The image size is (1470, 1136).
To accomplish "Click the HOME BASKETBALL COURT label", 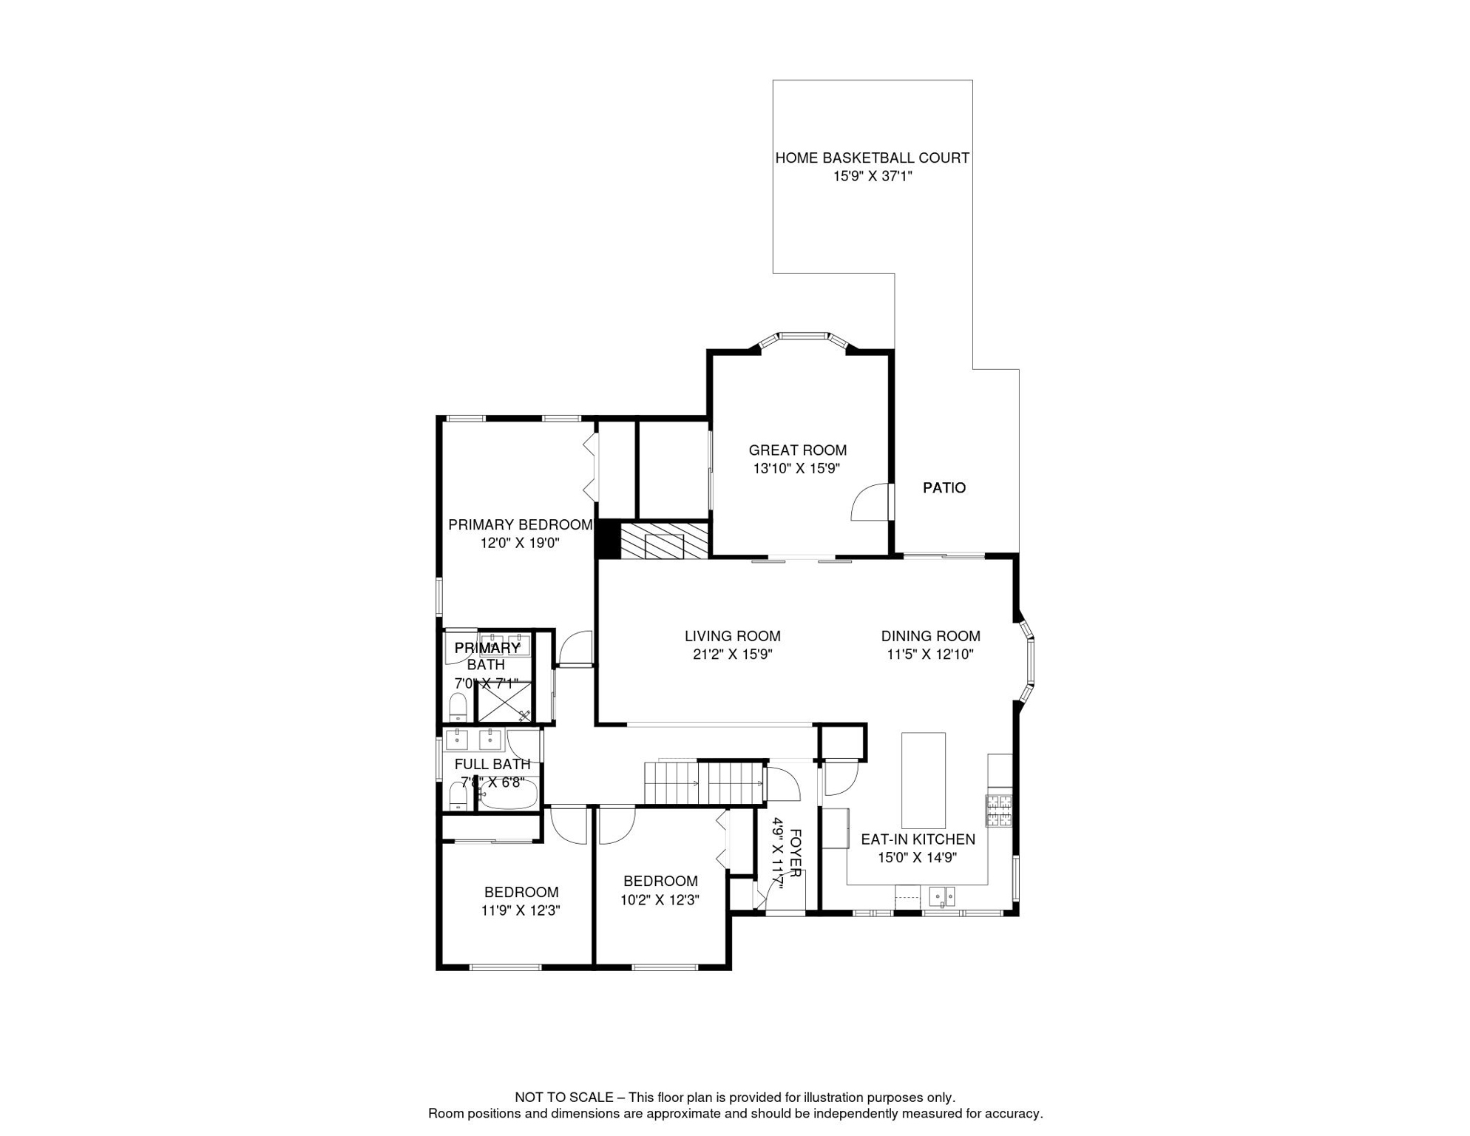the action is (872, 158).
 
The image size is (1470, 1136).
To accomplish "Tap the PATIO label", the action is (944, 487).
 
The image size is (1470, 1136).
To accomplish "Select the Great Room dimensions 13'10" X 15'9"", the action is (796, 468).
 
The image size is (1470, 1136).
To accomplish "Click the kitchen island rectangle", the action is (923, 780).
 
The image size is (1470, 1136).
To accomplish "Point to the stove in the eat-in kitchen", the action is (998, 810).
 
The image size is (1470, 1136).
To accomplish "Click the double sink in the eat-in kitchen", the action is (942, 896).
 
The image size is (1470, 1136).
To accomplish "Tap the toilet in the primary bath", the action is (458, 707).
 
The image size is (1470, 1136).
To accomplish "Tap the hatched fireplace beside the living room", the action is (663, 541).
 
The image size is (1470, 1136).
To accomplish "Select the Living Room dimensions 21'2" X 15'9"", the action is (732, 654).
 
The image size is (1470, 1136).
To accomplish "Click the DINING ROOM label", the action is (930, 635).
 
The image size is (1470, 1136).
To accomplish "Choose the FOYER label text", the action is (796, 853).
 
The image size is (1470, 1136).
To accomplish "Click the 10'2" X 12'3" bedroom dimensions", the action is (660, 899).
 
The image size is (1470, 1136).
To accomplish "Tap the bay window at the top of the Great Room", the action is (803, 339).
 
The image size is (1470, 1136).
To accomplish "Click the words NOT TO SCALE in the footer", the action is (563, 1097).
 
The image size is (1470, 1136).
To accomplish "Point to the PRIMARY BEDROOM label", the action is (520, 524).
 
